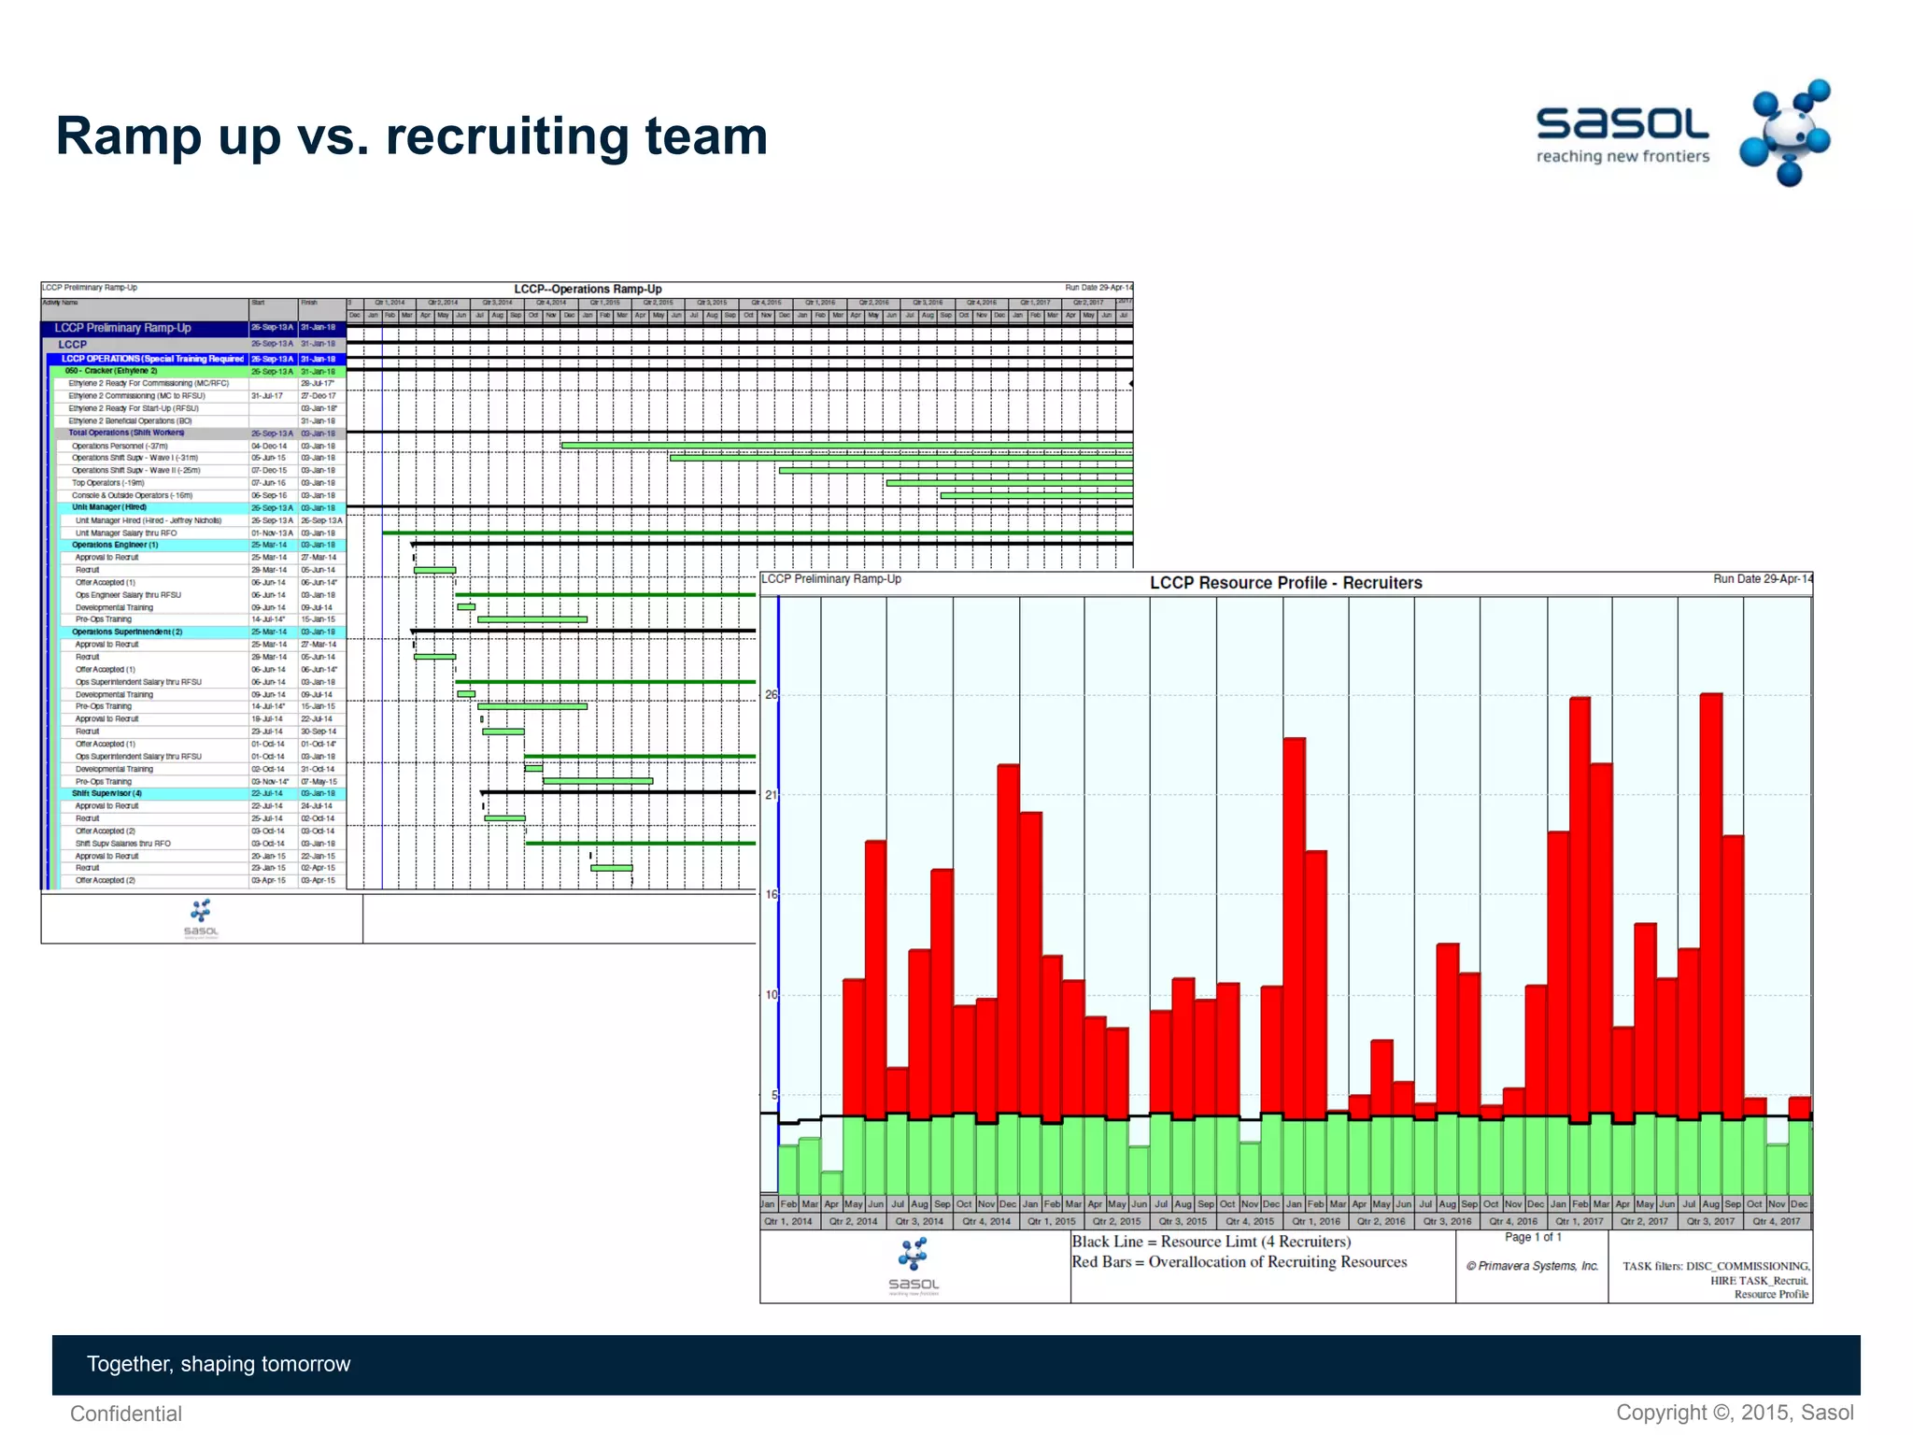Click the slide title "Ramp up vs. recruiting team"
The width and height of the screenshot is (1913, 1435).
point(411,136)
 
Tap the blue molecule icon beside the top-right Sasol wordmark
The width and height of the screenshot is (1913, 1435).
point(1785,133)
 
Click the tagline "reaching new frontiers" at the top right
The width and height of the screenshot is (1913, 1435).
point(1623,157)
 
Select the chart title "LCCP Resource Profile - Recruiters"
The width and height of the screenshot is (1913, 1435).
point(1285,583)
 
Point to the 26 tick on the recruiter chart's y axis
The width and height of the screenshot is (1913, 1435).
point(771,695)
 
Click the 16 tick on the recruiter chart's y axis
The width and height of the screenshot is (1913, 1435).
point(771,894)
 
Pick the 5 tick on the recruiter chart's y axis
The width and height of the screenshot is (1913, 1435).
point(773,1095)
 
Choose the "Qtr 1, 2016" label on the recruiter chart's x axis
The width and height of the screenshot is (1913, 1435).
point(1315,1221)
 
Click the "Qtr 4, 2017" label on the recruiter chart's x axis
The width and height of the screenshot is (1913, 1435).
point(1776,1221)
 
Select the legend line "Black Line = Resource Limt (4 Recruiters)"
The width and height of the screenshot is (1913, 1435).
point(1211,1242)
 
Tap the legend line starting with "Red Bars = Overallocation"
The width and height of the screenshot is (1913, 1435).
point(1239,1262)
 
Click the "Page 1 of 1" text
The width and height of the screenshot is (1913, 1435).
point(1533,1237)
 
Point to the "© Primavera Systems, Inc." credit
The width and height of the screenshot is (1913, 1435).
point(1532,1266)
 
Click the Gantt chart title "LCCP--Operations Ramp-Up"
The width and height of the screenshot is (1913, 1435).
point(588,289)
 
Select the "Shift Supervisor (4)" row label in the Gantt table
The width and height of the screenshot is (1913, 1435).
point(106,793)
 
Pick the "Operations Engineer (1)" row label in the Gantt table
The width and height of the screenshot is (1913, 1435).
point(115,545)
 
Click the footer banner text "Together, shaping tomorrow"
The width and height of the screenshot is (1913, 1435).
point(219,1364)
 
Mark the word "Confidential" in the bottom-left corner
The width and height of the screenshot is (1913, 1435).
point(126,1414)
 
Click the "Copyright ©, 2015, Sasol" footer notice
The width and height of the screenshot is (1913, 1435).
point(1735,1413)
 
